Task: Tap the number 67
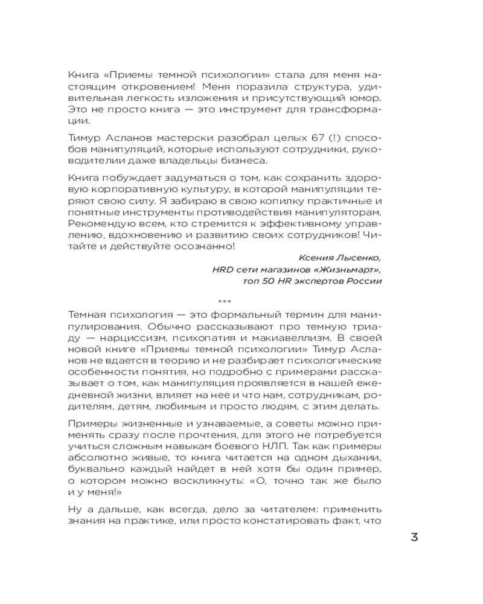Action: tap(284, 134)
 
